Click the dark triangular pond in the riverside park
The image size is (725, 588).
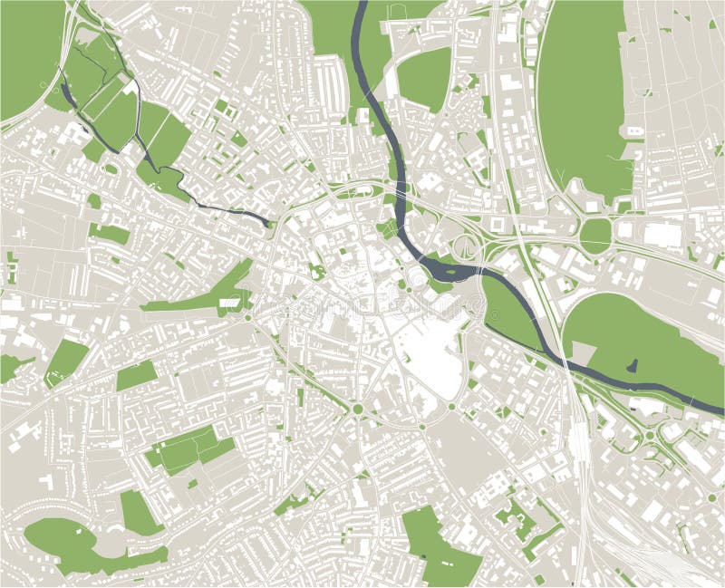[632, 367]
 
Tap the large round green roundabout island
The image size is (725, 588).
[595, 235]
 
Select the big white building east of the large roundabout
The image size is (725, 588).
[662, 236]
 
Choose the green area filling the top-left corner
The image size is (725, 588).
[27, 54]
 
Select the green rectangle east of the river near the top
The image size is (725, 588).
[424, 77]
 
